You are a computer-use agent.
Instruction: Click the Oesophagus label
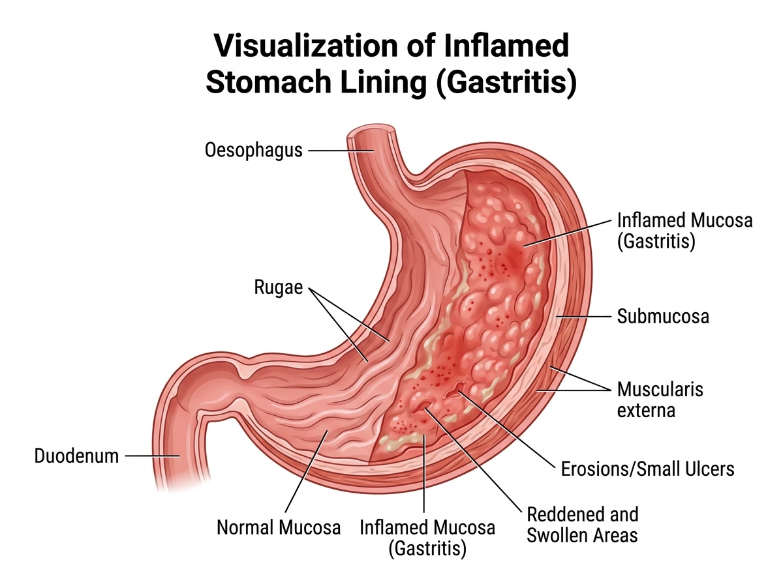253,150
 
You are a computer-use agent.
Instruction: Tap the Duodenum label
76,456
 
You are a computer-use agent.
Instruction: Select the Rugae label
278,287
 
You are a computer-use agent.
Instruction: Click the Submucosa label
663,316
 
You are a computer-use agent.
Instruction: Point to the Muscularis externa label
660,400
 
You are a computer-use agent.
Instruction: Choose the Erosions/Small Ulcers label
647,469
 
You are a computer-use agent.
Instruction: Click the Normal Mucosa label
279,527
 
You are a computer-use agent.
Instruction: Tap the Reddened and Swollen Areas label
583,525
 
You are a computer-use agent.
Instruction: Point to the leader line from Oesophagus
341,151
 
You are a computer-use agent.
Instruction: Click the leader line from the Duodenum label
152,456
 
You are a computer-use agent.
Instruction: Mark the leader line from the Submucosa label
583,316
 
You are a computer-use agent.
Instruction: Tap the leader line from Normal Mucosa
306,471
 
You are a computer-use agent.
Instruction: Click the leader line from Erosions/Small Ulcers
507,430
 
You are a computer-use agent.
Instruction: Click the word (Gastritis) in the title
506,83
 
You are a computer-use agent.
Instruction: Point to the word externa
646,410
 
